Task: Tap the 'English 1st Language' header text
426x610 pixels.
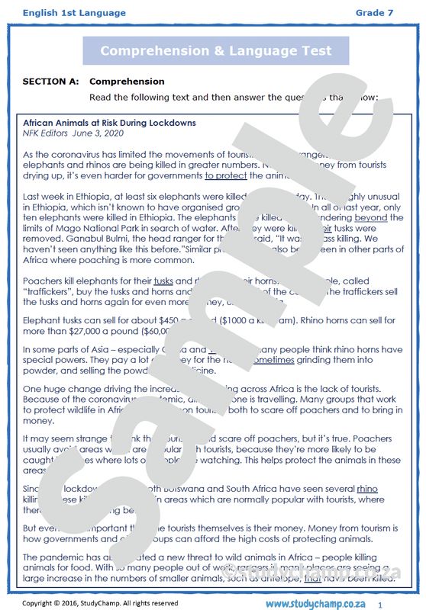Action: coord(63,13)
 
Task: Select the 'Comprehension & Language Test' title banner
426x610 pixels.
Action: coord(215,51)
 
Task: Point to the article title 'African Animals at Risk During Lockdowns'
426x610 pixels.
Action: coord(109,123)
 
